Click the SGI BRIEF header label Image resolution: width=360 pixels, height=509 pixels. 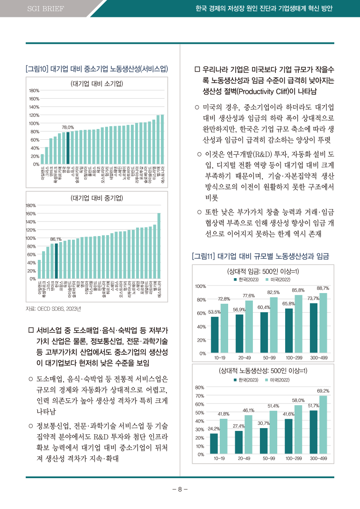(45, 9)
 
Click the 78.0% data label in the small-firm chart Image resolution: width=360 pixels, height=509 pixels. (68, 127)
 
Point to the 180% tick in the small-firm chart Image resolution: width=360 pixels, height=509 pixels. (34, 91)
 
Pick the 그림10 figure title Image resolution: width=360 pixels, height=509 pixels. (97, 69)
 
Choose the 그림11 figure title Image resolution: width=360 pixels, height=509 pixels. (260, 256)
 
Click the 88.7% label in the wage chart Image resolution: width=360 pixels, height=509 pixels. (323, 288)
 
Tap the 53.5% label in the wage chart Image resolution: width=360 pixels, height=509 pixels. (214, 312)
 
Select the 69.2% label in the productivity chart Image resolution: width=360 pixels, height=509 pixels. (323, 391)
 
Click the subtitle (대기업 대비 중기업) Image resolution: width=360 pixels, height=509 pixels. (97, 198)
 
